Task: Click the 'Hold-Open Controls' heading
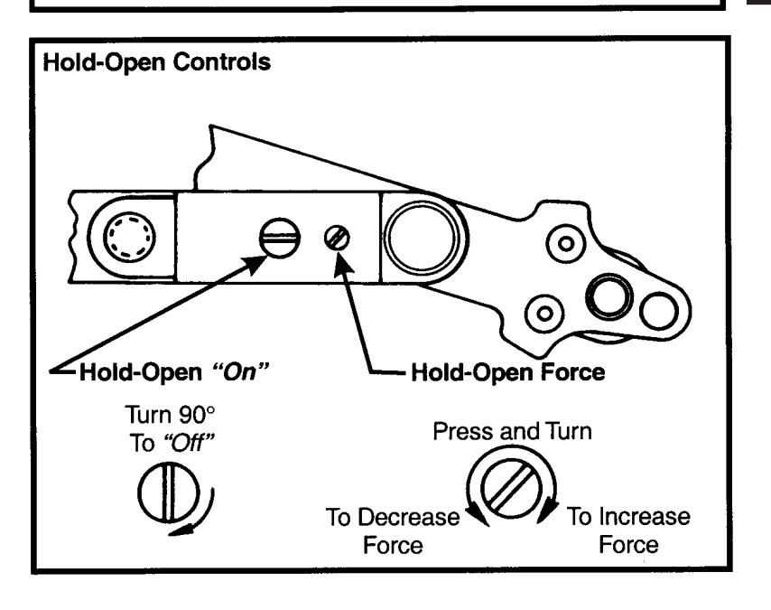(x=157, y=62)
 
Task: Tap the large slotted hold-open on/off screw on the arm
(x=279, y=238)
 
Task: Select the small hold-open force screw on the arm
(x=338, y=238)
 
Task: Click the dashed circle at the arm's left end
(x=129, y=237)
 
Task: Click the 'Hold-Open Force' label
(x=508, y=372)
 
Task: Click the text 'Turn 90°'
(x=170, y=415)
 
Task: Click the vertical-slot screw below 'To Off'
(x=169, y=492)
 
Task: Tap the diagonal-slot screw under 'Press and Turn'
(x=511, y=488)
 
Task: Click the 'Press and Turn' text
(x=512, y=431)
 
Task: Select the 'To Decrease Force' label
(x=393, y=530)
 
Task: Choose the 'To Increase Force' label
(x=628, y=530)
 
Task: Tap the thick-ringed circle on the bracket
(x=609, y=297)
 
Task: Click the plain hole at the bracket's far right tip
(x=659, y=311)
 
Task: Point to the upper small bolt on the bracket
(x=566, y=243)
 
